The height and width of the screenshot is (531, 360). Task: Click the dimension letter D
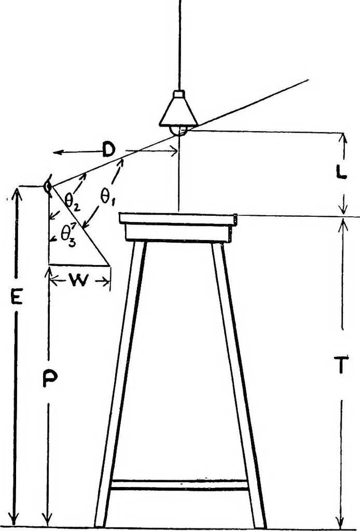[x=109, y=150]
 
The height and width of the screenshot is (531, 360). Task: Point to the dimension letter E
[x=16, y=298]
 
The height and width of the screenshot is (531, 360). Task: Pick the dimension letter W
[x=79, y=280]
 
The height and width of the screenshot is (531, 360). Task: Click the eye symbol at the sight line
[x=48, y=185]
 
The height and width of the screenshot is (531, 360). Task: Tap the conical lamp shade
[x=178, y=112]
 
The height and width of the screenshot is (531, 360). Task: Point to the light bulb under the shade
[x=179, y=131]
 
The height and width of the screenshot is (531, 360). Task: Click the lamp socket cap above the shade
[x=179, y=94]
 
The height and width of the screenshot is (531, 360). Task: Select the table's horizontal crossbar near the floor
[x=179, y=485]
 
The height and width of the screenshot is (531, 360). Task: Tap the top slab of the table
[x=178, y=218]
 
